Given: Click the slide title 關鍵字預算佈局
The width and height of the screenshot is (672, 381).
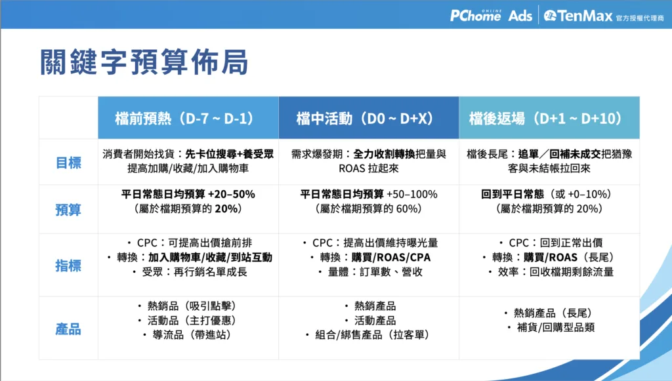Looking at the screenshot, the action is click(x=144, y=62).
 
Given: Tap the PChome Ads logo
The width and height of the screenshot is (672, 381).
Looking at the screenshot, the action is click(x=491, y=16).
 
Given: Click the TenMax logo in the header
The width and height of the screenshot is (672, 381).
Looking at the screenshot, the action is click(x=604, y=16).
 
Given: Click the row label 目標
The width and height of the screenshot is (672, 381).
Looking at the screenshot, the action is click(x=68, y=163).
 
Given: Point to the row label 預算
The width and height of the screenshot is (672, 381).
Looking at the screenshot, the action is click(x=68, y=210).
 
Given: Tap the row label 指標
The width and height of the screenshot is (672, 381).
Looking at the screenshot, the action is click(x=68, y=266).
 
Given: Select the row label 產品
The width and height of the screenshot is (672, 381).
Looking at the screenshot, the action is click(x=68, y=329).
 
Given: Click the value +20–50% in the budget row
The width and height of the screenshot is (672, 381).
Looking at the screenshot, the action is click(x=232, y=194).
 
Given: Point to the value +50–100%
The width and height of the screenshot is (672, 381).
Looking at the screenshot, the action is click(x=412, y=194).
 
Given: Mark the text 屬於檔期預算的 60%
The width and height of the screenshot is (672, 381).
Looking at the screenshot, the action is click(x=369, y=209).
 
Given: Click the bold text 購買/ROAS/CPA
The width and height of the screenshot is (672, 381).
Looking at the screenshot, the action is click(x=391, y=257).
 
